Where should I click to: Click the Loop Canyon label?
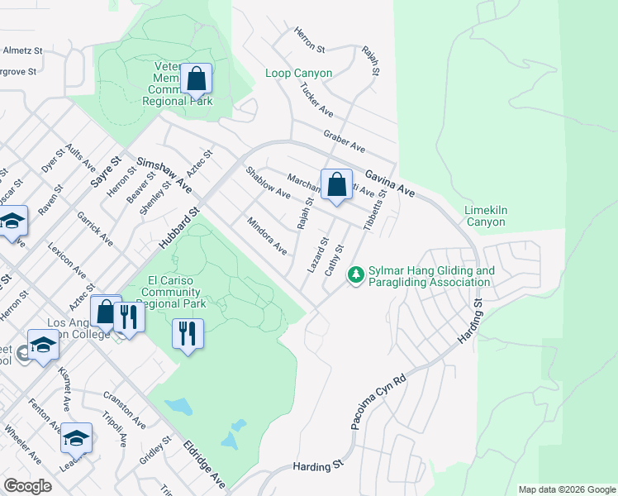pyautogui.click(x=298, y=74)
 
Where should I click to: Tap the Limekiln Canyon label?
pyautogui.click(x=485, y=215)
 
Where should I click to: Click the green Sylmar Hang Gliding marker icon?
pyautogui.click(x=357, y=273)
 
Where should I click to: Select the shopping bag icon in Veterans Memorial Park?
pyautogui.click(x=197, y=79)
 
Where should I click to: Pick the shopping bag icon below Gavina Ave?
pyautogui.click(x=336, y=185)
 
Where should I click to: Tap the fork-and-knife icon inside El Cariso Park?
pyautogui.click(x=188, y=334)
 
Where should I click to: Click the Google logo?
pyautogui.click(x=27, y=486)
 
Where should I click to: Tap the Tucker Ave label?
pyautogui.click(x=316, y=100)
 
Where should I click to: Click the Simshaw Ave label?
pyautogui.click(x=164, y=175)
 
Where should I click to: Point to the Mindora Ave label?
pyautogui.click(x=267, y=236)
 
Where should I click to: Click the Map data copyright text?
pyautogui.click(x=566, y=489)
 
